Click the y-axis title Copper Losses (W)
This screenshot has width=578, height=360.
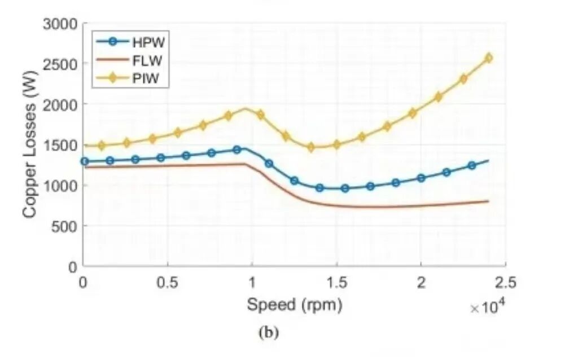(x=30, y=146)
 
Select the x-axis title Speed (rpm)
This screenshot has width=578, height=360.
(x=294, y=305)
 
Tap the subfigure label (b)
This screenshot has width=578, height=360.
(x=268, y=332)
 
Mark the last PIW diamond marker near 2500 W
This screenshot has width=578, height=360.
(x=488, y=58)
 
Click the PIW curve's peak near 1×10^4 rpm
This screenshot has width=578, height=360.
(x=246, y=108)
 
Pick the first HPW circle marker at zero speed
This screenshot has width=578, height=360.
(x=85, y=161)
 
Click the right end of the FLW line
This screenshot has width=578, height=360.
(x=488, y=201)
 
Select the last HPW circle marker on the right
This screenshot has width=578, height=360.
(x=471, y=165)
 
